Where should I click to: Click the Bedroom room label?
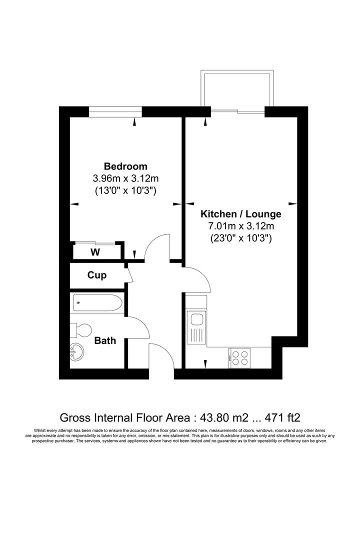[x=125, y=166]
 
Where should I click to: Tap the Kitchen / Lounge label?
[x=241, y=214]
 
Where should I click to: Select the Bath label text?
[x=105, y=340]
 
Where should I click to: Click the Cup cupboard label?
[x=97, y=275]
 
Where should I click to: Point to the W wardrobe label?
[x=95, y=252]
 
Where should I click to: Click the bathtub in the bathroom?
[x=98, y=302]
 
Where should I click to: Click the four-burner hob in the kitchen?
[x=238, y=357]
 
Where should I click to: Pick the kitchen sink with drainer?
[x=196, y=327]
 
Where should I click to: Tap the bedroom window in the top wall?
[x=115, y=111]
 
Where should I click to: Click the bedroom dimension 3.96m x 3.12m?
[x=125, y=178]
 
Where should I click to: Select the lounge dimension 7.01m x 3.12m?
[x=241, y=226]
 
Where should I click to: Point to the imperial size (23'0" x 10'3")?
[x=241, y=238]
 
